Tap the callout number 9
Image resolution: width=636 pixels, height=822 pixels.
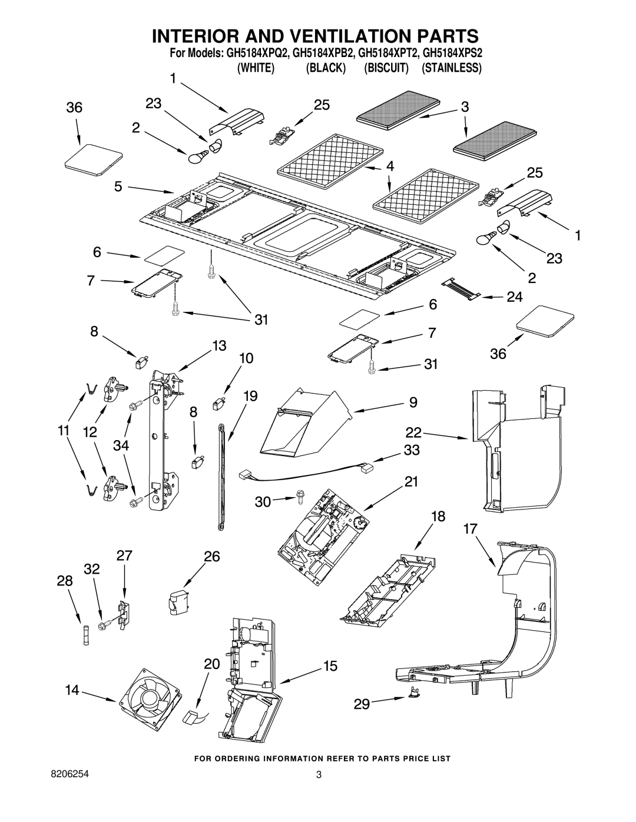coord(413,402)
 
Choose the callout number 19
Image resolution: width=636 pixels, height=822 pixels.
coord(250,395)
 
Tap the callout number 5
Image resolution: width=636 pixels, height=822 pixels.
coord(118,187)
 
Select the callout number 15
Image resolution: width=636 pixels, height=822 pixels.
coord(330,665)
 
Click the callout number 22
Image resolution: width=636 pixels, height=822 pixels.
coord(414,432)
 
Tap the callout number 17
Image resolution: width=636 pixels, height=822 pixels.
coord(471,528)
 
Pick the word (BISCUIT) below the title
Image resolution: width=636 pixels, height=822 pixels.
coord(386,68)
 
